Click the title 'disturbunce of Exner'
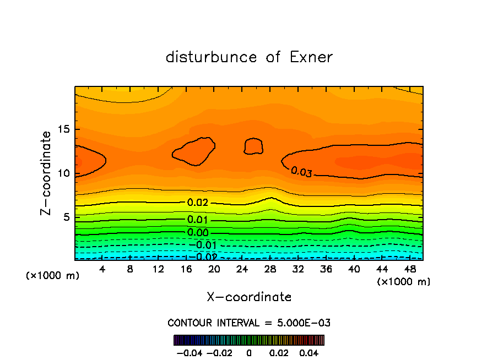(x=249, y=57)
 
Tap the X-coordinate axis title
(x=249, y=297)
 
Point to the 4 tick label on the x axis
(x=102, y=270)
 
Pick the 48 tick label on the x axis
(x=409, y=270)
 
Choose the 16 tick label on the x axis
(x=186, y=270)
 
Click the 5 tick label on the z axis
(x=66, y=217)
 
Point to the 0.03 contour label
(x=301, y=172)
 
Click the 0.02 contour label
(x=198, y=203)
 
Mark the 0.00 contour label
(x=198, y=232)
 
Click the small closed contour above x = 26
(x=253, y=145)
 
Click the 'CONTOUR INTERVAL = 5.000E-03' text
(x=249, y=323)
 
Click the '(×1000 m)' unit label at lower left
(x=53, y=275)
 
